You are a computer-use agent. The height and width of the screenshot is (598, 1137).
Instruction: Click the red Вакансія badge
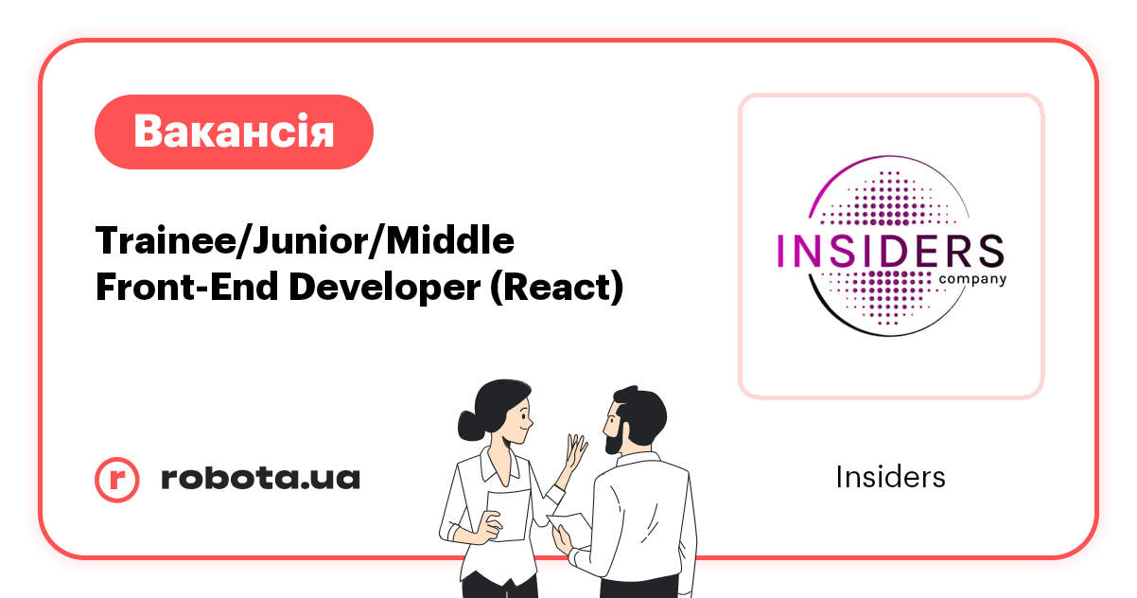coord(234,132)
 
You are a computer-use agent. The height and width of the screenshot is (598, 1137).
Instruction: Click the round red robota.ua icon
coord(117,479)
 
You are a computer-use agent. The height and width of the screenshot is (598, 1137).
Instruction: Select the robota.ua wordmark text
coord(260,479)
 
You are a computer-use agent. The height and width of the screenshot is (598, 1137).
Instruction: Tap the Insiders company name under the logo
coord(890,477)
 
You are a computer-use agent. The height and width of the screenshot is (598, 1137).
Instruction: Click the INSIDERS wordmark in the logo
coord(889,252)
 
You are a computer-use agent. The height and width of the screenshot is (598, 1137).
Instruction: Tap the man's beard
coord(614,438)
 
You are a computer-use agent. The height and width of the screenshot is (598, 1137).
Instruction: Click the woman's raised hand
coord(574,452)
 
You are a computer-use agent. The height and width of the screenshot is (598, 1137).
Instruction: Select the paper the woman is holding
coord(507,515)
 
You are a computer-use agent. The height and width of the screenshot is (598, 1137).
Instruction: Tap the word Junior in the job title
coord(305,241)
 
